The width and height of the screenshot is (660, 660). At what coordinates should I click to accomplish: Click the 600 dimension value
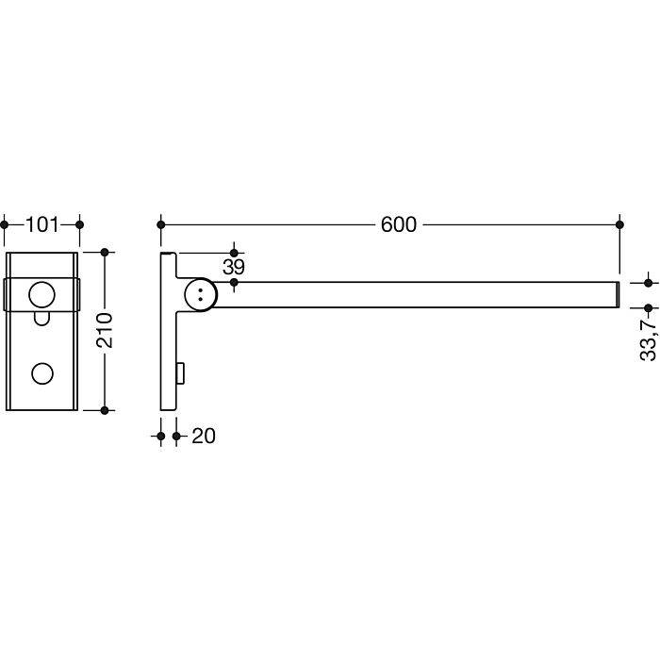point(398,224)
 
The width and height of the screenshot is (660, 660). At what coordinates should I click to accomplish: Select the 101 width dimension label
point(42,224)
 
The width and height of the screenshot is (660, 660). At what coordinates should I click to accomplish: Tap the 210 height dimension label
point(105,330)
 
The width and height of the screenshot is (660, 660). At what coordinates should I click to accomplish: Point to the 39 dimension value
point(234,267)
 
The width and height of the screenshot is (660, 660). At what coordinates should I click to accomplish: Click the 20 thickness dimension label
point(204,436)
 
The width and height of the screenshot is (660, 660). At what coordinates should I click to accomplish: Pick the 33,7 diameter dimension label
point(649,339)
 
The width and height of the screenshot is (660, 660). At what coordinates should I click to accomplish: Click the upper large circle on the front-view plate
point(41,294)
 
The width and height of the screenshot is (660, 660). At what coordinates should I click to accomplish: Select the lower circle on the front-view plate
point(42,373)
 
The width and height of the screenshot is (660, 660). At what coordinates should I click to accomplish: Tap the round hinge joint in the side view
point(201,294)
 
